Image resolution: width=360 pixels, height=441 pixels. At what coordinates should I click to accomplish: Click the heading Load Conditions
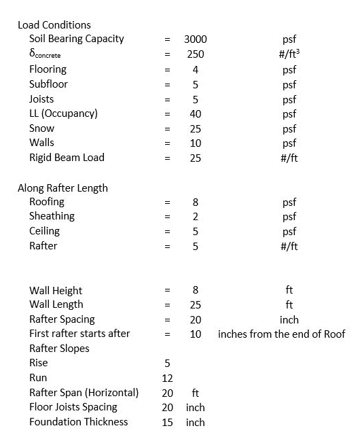pos(54,25)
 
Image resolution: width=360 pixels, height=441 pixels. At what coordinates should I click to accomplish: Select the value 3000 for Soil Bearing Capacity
pos(196,39)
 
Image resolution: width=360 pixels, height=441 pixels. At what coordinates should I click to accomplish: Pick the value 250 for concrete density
pos(196,54)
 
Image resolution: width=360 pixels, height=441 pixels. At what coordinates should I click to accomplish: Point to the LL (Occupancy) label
pos(63,113)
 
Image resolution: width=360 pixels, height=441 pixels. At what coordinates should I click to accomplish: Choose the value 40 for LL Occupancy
pos(196,113)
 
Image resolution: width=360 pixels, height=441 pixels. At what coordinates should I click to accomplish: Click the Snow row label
pos(41,128)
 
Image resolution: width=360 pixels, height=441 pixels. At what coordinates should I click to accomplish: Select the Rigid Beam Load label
pos(67,158)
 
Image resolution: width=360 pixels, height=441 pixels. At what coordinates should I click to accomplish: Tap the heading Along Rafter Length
pos(62,188)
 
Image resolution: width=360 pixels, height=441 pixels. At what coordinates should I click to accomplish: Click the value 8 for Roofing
pos(196,202)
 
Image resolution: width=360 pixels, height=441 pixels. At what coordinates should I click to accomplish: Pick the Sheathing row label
pos(52,216)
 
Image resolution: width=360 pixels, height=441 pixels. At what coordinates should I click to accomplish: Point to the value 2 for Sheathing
pos(196,217)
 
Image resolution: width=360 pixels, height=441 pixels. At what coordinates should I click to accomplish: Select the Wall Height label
pos(56,291)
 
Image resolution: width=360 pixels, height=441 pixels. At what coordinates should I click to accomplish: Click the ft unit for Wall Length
pos(289,305)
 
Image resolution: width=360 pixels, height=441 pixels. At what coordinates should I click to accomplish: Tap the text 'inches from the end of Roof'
pos(282,334)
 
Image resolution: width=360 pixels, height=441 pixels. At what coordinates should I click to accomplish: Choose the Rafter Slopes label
pos(59,349)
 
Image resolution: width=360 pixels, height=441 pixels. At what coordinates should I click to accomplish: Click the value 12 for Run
pos(168,378)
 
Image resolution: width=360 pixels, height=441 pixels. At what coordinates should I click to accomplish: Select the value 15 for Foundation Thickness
pos(168,422)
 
